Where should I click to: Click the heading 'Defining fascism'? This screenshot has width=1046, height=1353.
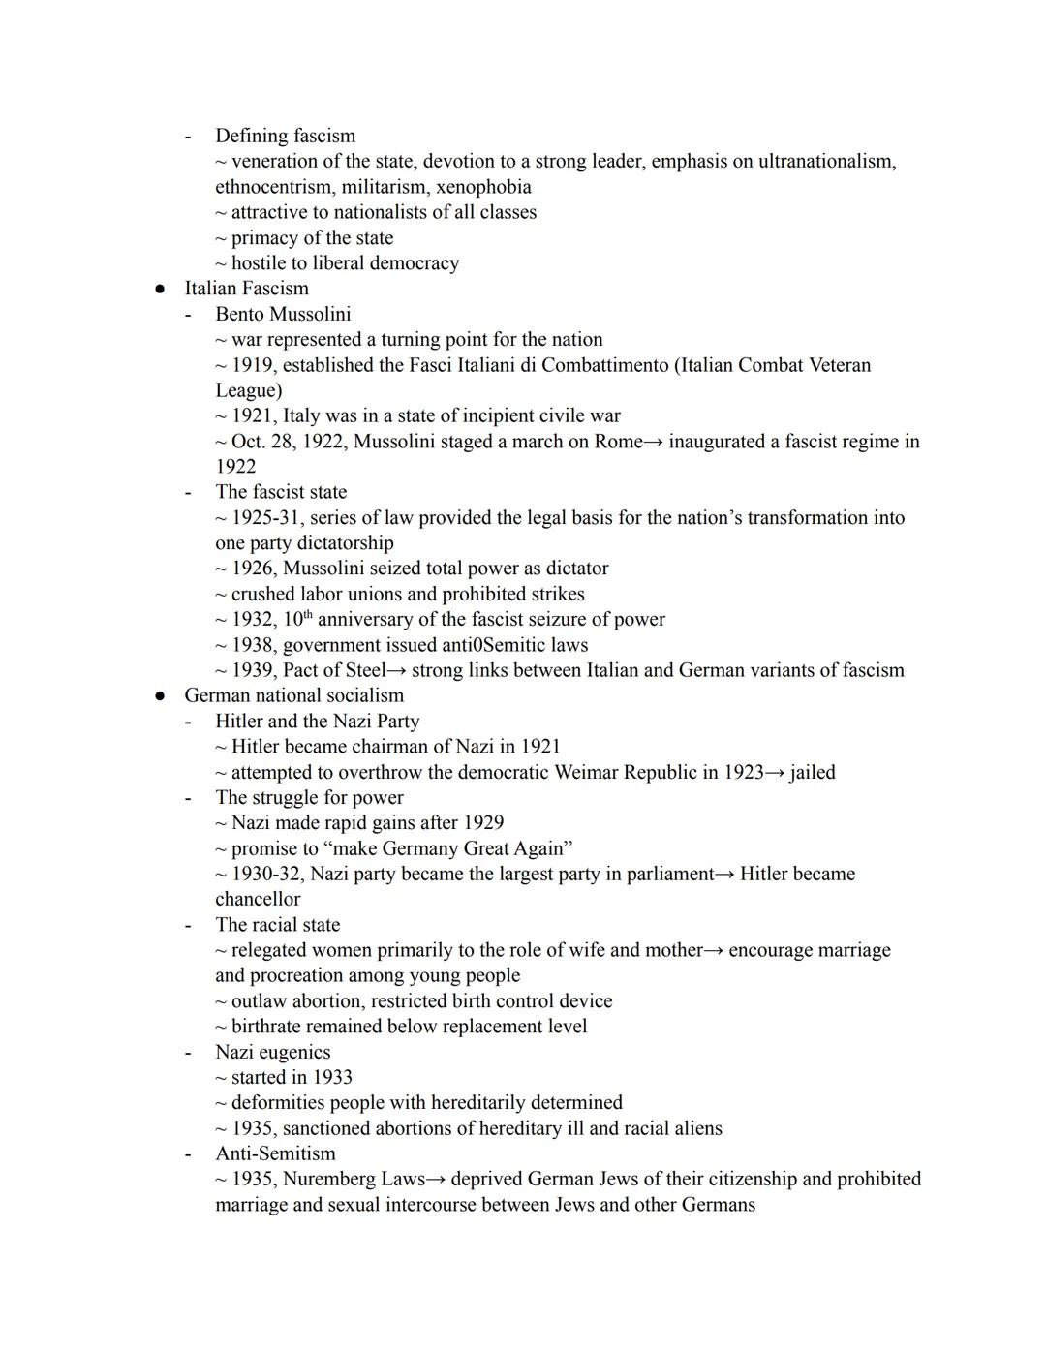285,136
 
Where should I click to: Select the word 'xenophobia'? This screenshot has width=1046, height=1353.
482,187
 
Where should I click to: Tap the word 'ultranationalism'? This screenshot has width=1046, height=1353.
825,161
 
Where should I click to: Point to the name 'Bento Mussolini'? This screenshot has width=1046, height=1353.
283,314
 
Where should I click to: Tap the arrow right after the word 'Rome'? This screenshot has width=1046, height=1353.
655,442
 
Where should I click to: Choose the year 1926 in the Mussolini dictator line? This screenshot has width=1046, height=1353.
253,569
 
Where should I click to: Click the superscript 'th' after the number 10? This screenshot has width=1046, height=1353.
307,615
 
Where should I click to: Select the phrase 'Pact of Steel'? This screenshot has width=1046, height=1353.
334,670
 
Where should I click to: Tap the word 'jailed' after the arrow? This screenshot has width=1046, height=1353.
812,772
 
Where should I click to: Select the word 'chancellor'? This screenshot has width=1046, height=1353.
258,899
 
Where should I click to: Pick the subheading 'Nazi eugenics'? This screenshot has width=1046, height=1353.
272,1052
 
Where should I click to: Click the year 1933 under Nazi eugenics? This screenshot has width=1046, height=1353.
332,1077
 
